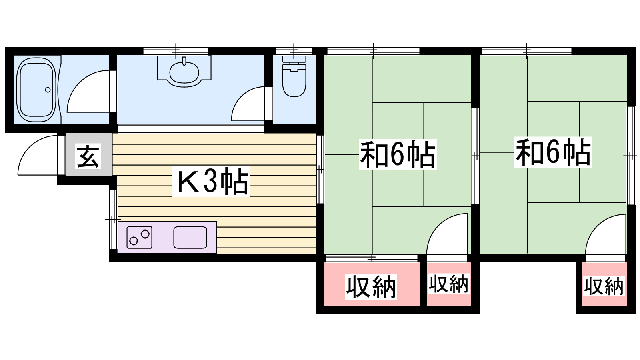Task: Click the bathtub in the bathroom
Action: [x=36, y=90]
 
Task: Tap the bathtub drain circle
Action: [x=48, y=90]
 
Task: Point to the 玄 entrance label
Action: [x=88, y=156]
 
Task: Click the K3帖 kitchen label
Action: [x=212, y=182]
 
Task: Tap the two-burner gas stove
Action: [x=139, y=237]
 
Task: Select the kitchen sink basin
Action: [x=190, y=237]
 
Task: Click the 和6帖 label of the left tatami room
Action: [x=397, y=154]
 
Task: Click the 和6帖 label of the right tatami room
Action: [x=553, y=152]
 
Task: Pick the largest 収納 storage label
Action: [x=371, y=287]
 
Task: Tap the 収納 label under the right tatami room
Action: [x=604, y=286]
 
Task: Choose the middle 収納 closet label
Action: [x=448, y=284]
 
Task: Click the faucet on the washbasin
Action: [x=184, y=61]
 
